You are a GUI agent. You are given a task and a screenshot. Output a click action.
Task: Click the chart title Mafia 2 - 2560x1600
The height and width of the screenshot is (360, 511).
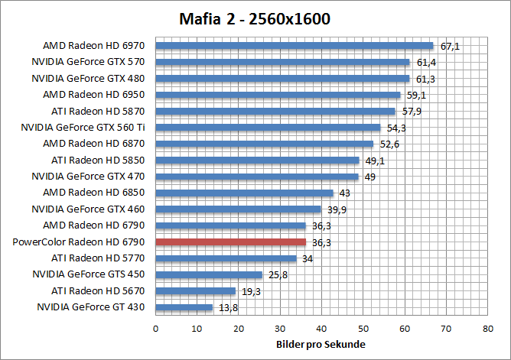pyautogui.click(x=255, y=18)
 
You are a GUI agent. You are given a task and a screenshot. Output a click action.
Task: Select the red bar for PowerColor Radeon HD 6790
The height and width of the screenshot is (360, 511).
pyautogui.click(x=230, y=242)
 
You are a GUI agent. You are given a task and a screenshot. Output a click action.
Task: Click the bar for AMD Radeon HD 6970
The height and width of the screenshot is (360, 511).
pyautogui.click(x=295, y=46)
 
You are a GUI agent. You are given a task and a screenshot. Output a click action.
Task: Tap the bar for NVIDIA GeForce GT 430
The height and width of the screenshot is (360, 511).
pyautogui.click(x=184, y=307)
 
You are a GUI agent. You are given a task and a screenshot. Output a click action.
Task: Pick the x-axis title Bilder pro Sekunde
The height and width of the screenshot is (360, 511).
pyautogui.click(x=321, y=345)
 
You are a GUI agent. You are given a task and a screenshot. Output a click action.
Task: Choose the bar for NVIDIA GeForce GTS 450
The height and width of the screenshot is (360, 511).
pyautogui.click(x=209, y=274)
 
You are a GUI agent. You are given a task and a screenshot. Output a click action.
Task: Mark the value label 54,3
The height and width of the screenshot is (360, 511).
pyautogui.click(x=396, y=128)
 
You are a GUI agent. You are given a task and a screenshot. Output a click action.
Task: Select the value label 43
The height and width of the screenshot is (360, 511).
pyautogui.click(x=345, y=193)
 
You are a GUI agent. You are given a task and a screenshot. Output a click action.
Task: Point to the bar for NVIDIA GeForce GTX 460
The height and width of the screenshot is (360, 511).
pyautogui.click(x=238, y=209)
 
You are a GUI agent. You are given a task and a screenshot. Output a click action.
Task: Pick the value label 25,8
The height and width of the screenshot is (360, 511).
pyautogui.click(x=278, y=274)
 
